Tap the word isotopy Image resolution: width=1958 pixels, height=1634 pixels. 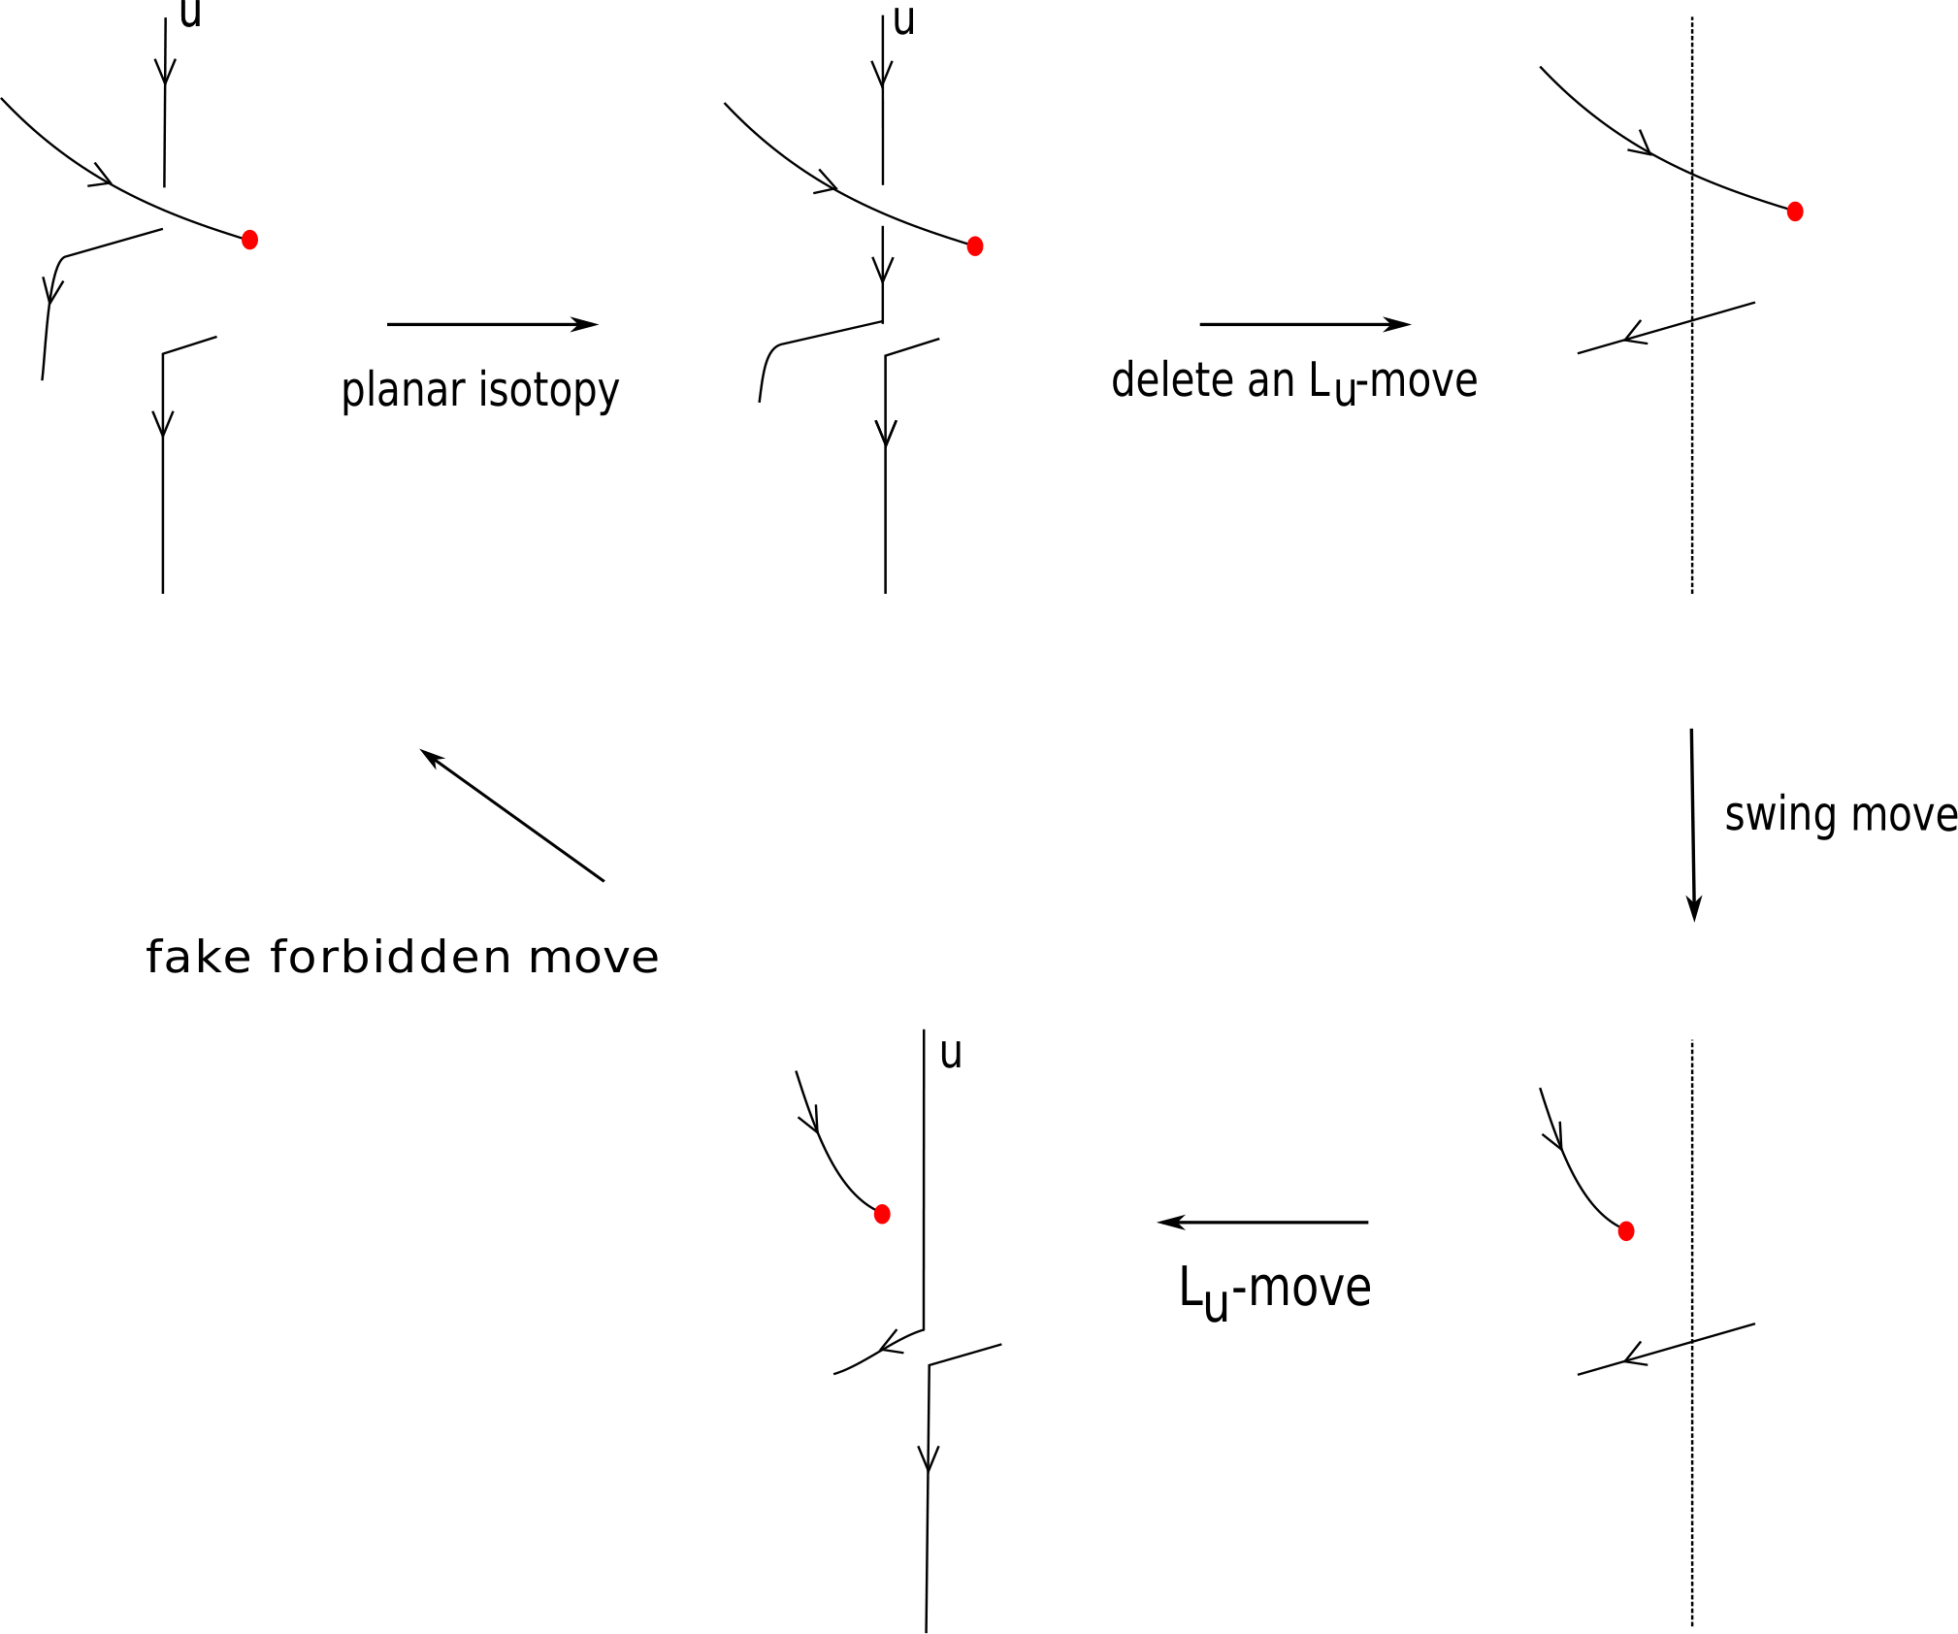[549, 391]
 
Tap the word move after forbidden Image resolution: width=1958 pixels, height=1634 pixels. [594, 959]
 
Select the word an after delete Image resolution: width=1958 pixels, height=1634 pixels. [1272, 381]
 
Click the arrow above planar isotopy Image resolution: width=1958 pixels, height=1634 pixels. [493, 324]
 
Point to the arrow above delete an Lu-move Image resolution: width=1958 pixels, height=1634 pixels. [1305, 324]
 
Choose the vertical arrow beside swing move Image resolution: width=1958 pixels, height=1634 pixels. [1693, 825]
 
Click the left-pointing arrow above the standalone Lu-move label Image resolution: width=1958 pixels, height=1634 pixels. [1262, 1223]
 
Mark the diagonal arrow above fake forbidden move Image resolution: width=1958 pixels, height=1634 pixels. [512, 815]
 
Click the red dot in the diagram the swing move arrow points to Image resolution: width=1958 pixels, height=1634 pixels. [1626, 1231]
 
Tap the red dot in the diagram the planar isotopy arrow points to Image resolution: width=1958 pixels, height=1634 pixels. [975, 246]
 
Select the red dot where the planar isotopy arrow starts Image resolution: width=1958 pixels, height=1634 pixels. [249, 240]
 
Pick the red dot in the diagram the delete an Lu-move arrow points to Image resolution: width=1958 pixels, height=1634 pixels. [1795, 212]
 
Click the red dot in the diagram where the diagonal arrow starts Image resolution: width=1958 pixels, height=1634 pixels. [882, 1214]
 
